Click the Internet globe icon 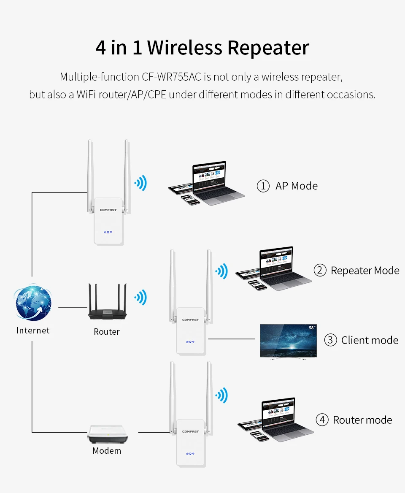pos(33,303)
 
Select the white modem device pos(107,434)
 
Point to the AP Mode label pos(296,186)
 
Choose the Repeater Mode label pos(365,270)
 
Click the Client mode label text pos(370,340)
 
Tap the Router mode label pos(362,420)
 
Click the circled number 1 pos(263,186)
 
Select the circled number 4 pos(322,420)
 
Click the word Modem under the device pos(107,451)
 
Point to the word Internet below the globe pos(33,330)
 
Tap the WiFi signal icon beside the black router pos(140,298)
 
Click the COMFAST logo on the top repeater pos(108,210)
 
